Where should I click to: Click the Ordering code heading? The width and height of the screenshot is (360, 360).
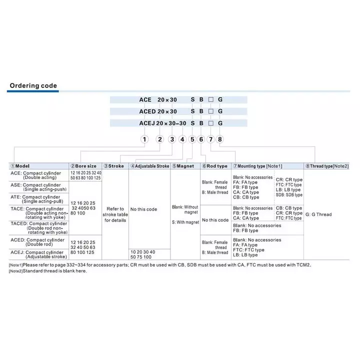pyautogui.click(x=33, y=86)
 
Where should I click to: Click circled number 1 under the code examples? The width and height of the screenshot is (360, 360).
pyautogui.click(x=144, y=140)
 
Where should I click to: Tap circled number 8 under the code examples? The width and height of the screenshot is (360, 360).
pyautogui.click(x=220, y=140)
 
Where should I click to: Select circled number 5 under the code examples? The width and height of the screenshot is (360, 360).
pyautogui.click(x=192, y=140)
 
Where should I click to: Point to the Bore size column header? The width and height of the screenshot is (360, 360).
pyautogui.click(x=83, y=166)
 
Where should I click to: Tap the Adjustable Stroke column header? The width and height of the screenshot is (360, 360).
pyautogui.click(x=149, y=166)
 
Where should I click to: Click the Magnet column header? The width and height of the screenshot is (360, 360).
pyautogui.click(x=183, y=166)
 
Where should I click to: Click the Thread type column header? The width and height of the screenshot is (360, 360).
pyautogui.click(x=326, y=166)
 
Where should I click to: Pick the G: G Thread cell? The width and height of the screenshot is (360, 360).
pyautogui.click(x=318, y=214)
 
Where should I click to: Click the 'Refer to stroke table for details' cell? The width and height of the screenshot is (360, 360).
pyautogui.click(x=115, y=214)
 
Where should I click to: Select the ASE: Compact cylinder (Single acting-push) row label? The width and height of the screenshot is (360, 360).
pyautogui.click(x=38, y=187)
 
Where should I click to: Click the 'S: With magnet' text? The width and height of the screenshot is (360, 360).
pyautogui.click(x=185, y=222)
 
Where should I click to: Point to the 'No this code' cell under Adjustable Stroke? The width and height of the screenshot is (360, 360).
pyautogui.click(x=143, y=209)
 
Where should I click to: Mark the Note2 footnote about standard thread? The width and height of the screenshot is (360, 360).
pyautogui.click(x=48, y=271)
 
